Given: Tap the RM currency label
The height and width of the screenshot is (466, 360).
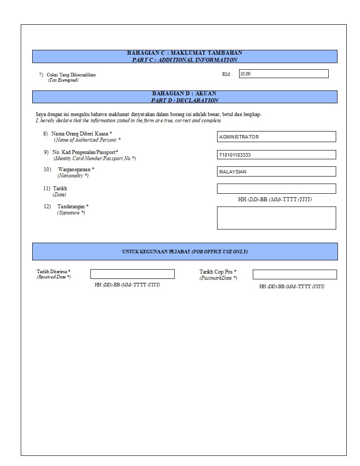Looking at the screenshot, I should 226,75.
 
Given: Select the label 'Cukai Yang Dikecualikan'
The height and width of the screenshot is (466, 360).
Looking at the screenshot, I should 71,75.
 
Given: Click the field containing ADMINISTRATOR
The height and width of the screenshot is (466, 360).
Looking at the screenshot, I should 276,137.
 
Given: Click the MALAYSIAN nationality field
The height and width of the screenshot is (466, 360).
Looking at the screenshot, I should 276,172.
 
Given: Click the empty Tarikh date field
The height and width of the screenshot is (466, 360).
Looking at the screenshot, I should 276,189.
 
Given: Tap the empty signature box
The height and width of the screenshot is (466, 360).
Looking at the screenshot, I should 276,218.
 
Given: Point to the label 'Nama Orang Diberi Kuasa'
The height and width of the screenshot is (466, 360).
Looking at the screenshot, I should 82,133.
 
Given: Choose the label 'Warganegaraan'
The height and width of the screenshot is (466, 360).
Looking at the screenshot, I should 76,169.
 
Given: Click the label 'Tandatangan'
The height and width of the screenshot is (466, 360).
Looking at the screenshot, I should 73,207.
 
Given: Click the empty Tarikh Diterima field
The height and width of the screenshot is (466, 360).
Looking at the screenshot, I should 132,274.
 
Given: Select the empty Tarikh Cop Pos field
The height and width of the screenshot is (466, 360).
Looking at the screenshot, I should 294,274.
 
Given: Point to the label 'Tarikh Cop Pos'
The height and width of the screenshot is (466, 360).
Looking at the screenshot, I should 217,272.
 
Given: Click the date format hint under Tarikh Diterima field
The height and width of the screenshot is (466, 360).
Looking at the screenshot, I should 127,285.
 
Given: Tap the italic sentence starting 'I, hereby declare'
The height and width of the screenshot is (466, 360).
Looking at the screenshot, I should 128,120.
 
